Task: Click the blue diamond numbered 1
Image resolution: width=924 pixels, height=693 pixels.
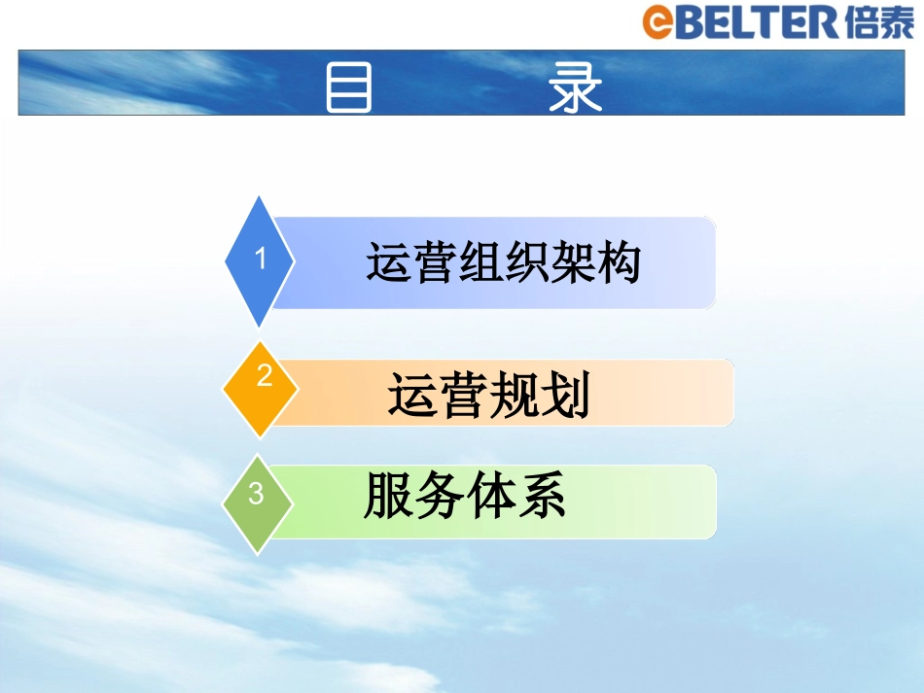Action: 259,260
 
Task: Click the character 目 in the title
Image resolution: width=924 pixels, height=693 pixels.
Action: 348,88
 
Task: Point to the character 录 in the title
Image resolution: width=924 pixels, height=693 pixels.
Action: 575,88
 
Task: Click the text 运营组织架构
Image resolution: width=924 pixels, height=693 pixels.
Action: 503,262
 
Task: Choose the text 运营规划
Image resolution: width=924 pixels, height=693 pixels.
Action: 489,395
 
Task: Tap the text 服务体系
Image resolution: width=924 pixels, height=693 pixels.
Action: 465,496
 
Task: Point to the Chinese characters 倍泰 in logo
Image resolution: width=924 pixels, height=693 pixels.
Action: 878,21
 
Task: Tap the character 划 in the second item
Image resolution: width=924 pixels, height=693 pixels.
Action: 567,395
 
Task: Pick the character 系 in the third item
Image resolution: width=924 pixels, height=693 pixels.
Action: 542,496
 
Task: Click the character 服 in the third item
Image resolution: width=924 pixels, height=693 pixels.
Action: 388,496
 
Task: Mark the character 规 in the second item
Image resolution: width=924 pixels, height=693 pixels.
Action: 515,395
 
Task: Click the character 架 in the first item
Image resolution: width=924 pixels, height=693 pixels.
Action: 572,262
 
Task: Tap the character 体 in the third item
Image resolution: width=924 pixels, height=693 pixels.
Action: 490,496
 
